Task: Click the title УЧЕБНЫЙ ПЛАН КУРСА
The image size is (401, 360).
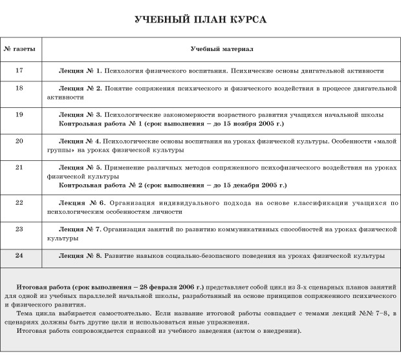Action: pyautogui.click(x=200, y=20)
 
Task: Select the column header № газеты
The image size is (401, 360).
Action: pyautogui.click(x=19, y=49)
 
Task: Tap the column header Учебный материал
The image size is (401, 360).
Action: pyautogui.click(x=221, y=49)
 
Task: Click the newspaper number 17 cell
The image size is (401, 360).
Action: pyautogui.click(x=19, y=70)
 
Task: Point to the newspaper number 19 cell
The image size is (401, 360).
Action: pyautogui.click(x=19, y=114)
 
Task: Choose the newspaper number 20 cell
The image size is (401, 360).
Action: pyautogui.click(x=19, y=140)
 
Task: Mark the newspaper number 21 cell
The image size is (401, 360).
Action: pyautogui.click(x=19, y=167)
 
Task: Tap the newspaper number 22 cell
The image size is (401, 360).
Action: pyautogui.click(x=19, y=202)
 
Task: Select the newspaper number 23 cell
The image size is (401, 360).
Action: pyautogui.click(x=19, y=229)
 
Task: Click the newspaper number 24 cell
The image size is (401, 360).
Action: pyautogui.click(x=19, y=256)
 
